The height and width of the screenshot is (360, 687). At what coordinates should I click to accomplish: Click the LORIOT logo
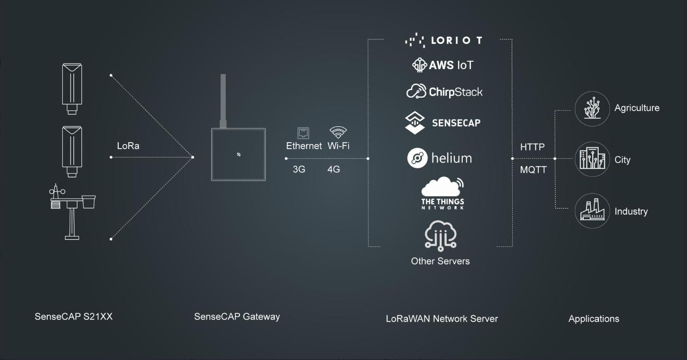point(443,41)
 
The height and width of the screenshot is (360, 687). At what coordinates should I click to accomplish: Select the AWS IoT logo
point(442,65)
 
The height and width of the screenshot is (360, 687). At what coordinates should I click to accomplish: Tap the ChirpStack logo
point(444,92)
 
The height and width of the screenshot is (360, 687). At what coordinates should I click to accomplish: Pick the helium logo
point(439,158)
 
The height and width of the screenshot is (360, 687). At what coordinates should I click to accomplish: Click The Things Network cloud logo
point(442,193)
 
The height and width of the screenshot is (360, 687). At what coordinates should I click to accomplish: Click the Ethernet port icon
point(303,133)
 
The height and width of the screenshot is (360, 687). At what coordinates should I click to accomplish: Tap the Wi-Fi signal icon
point(338,132)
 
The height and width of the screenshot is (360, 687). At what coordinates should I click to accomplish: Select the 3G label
point(299,169)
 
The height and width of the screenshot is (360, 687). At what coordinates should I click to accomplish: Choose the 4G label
point(333,169)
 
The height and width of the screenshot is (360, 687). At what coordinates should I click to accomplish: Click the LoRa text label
point(128,146)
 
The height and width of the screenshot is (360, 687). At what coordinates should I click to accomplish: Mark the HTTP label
point(532,147)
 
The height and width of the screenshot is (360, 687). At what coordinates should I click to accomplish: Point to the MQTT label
point(533,170)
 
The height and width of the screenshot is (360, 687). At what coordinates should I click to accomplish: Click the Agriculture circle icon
point(592,108)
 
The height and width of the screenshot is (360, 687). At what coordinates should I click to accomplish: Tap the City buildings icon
point(592,159)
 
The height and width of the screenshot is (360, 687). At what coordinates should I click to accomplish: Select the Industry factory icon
point(592,211)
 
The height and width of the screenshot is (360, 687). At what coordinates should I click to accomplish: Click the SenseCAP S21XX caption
point(73,317)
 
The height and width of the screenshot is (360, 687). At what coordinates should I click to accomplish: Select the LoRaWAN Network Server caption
point(442,319)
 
